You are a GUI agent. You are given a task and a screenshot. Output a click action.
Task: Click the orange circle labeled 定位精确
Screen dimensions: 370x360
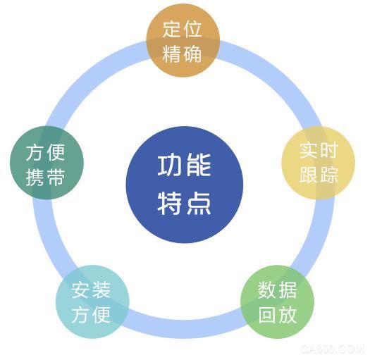[x=183, y=40]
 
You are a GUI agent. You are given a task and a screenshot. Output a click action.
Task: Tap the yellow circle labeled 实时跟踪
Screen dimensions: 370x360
[x=319, y=163]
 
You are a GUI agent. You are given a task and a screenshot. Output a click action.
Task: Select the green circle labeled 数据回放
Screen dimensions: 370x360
[x=277, y=302]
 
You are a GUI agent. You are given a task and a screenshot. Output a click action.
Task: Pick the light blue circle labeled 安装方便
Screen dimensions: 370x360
[x=92, y=302]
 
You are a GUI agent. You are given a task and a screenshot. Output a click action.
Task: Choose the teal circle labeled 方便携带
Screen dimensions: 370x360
[x=47, y=163]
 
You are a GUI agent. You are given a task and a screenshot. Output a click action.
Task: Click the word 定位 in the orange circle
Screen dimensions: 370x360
[x=182, y=30]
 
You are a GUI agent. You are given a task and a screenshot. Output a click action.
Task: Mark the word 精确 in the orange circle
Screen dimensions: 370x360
[x=182, y=54]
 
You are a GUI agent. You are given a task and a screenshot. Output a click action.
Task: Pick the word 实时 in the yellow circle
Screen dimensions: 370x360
[x=319, y=150]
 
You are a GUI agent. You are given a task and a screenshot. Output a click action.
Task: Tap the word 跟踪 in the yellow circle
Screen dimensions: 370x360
[x=319, y=175]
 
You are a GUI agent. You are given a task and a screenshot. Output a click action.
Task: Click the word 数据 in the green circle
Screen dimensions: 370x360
[x=277, y=290]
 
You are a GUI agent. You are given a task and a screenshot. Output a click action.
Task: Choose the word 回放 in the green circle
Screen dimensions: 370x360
[x=278, y=315]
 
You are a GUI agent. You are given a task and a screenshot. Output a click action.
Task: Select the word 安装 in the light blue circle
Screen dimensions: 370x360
[x=91, y=290]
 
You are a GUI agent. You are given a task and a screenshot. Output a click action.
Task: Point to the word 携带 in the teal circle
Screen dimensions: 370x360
[x=45, y=178]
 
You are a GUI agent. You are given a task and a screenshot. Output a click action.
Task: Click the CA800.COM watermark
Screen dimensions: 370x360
[x=333, y=349]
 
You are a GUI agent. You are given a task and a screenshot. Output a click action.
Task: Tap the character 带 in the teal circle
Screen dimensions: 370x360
[x=56, y=178]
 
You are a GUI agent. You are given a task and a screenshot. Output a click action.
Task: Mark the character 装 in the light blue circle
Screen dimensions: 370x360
[x=101, y=290]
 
